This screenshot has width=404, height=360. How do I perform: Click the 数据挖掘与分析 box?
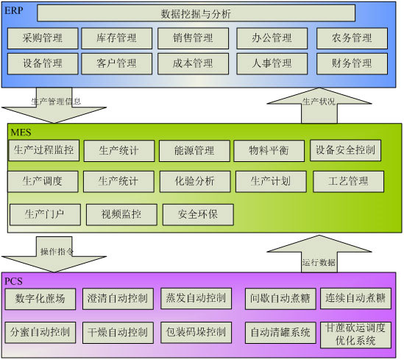tap(196, 13)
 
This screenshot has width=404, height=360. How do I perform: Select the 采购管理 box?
tap(43, 38)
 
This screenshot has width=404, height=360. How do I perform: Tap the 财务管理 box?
tap(352, 64)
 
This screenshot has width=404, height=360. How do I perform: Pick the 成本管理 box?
tap(194, 64)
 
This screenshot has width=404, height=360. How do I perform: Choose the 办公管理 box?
tap(272, 38)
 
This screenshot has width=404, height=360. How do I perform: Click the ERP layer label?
tap(14, 10)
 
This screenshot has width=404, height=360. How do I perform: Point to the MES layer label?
tap(21, 133)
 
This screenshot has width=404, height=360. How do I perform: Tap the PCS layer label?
tap(13, 281)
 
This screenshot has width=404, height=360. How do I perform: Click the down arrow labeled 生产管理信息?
tap(54, 105)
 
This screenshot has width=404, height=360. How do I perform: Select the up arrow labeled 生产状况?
tap(319, 105)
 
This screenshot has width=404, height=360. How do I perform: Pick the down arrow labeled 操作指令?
tap(54, 255)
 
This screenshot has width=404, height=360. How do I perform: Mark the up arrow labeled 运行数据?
tap(319, 254)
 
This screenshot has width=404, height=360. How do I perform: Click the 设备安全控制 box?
tap(346, 150)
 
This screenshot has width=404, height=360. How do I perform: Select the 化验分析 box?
tap(195, 181)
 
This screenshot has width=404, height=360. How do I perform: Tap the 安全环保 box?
tap(198, 215)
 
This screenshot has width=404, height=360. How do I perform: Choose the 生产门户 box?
tap(45, 215)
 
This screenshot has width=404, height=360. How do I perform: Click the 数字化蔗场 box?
tap(40, 299)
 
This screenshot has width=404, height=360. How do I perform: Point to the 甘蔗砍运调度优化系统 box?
tap(355, 335)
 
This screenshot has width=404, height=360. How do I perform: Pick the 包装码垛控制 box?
tap(196, 333)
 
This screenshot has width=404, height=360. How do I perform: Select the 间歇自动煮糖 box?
tap(280, 299)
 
